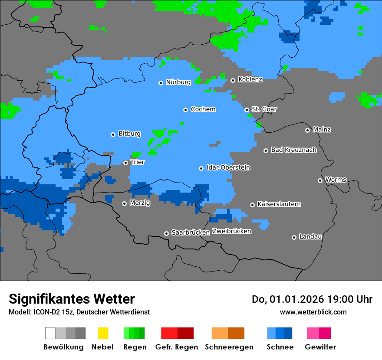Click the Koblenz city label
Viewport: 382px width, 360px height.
(x=250, y=79)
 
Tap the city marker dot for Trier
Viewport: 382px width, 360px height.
(x=125, y=163)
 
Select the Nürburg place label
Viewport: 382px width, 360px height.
(x=178, y=82)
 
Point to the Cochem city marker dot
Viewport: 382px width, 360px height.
(x=185, y=110)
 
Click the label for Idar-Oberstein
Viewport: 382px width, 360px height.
(x=228, y=167)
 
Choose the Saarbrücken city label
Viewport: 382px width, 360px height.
(x=191, y=232)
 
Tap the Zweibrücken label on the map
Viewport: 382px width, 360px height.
(x=231, y=231)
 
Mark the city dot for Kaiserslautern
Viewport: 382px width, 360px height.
(x=252, y=205)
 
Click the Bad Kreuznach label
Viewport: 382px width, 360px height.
(x=293, y=150)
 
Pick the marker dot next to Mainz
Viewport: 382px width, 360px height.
(x=307, y=130)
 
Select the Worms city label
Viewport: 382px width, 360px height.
(x=336, y=180)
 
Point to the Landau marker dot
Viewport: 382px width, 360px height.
(x=294, y=237)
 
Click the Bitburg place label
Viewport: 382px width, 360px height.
(x=129, y=134)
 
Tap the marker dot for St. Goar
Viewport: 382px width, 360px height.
(x=247, y=110)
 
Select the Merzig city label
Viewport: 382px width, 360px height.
(x=140, y=203)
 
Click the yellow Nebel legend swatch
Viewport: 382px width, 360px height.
(x=103, y=333)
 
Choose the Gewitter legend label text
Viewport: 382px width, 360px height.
(x=320, y=347)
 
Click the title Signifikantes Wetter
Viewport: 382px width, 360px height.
(x=72, y=299)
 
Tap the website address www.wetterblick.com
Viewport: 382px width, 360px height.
(x=313, y=312)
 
